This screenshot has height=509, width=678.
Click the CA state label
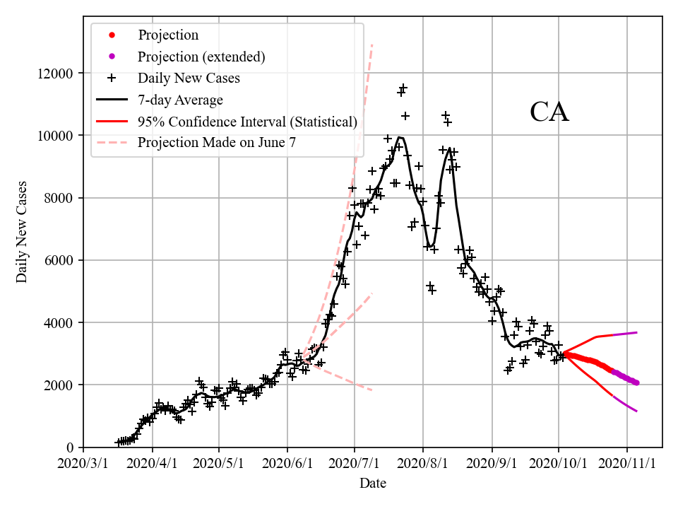click(x=549, y=112)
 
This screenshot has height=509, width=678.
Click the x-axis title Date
click(x=372, y=484)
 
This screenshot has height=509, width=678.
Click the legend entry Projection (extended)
click(x=201, y=57)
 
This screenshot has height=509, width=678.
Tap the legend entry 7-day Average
click(x=180, y=100)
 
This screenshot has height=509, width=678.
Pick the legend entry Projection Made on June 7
click(x=216, y=143)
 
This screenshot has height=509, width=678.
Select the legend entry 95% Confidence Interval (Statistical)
click(x=247, y=122)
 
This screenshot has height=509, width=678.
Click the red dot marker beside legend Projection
click(x=111, y=35)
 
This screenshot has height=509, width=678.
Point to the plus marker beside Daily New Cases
click(x=111, y=78)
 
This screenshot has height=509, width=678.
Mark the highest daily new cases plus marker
click(x=403, y=88)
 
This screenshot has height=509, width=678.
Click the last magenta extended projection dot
click(x=636, y=382)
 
